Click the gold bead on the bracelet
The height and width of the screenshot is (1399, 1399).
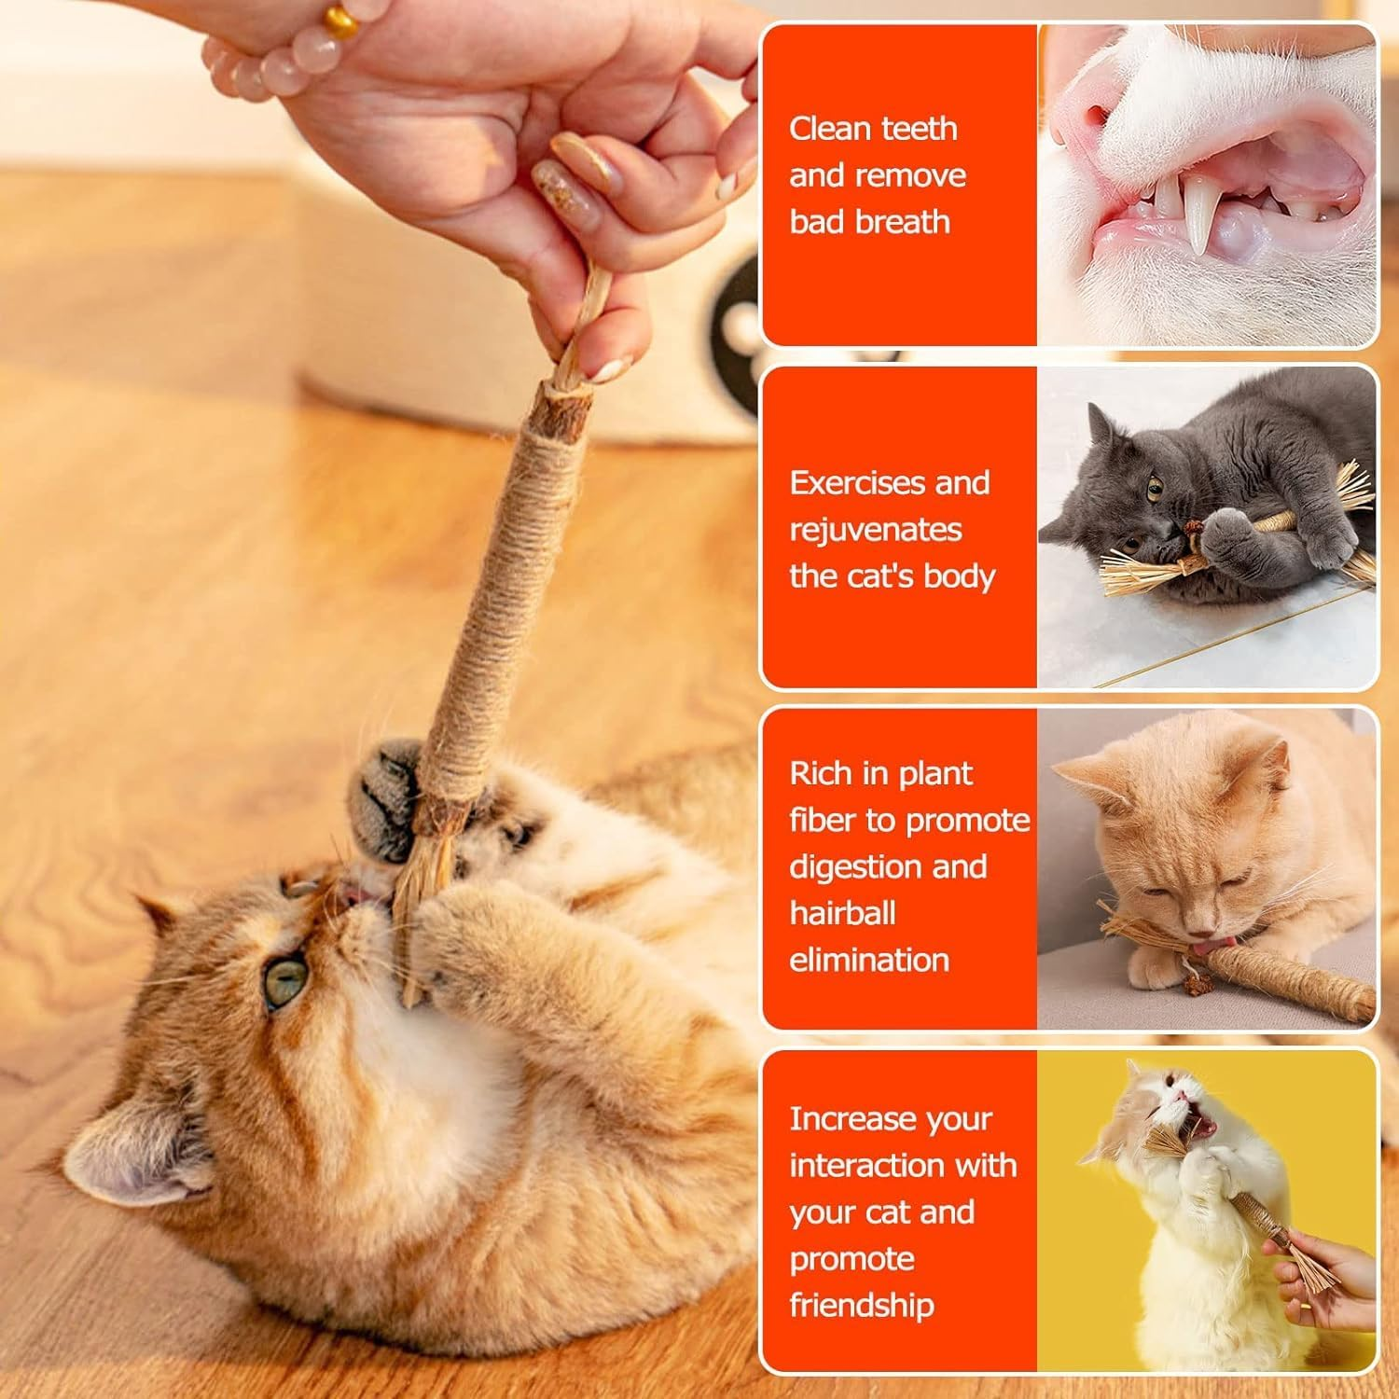tap(341, 21)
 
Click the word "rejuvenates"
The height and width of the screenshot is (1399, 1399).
tap(875, 530)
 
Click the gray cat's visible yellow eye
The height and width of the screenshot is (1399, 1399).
tap(1155, 486)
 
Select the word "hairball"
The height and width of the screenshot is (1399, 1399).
tap(842, 913)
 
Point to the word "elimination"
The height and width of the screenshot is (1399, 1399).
tap(868, 960)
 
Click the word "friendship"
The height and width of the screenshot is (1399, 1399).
tap(861, 1305)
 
